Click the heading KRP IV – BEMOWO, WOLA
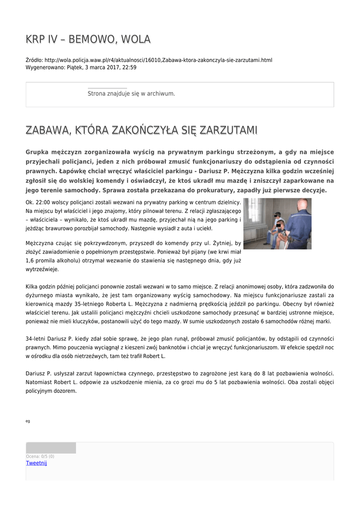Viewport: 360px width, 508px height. point(88,39)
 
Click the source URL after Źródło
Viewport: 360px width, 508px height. point(158,60)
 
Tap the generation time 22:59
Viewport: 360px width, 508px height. point(130,67)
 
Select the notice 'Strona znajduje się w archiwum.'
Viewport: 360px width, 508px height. point(131,93)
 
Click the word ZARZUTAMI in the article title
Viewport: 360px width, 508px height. point(229,130)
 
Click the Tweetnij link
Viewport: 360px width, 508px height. point(36,463)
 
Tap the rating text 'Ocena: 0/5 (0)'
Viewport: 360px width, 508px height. point(40,456)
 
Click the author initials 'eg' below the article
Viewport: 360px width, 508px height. point(28,421)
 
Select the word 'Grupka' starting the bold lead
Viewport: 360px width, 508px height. point(38,152)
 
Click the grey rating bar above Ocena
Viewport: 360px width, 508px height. point(51,448)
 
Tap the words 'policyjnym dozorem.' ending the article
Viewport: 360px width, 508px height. point(51,391)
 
